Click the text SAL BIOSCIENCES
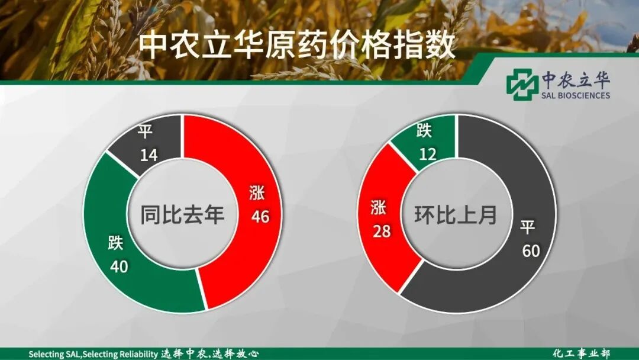click(575, 95)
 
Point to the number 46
click(260, 217)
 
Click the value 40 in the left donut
click(119, 266)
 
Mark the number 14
click(149, 155)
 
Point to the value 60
click(531, 251)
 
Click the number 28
click(381, 230)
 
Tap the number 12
click(427, 155)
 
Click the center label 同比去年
click(182, 214)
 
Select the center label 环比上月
click(456, 214)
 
